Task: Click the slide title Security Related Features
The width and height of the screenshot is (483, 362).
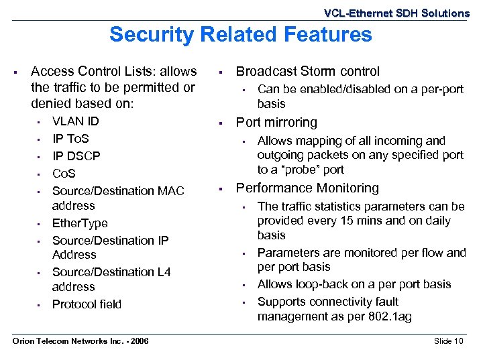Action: tap(240, 34)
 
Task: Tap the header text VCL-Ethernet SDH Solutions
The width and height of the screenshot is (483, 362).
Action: tap(396, 13)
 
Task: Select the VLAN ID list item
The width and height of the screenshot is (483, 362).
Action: tap(75, 121)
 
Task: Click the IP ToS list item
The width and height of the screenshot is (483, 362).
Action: tap(70, 139)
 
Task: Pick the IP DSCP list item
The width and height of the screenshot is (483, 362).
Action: tap(76, 156)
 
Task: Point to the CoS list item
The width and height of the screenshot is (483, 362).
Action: tap(64, 174)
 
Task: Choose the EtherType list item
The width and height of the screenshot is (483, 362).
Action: tap(80, 223)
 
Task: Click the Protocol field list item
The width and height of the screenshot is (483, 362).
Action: tap(87, 304)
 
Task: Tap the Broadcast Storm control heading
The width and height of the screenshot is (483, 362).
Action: tap(307, 71)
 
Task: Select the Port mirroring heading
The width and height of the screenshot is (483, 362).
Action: tap(276, 123)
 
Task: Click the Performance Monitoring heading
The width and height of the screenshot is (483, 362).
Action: tap(307, 188)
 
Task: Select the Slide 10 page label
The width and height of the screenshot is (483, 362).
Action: tap(448, 341)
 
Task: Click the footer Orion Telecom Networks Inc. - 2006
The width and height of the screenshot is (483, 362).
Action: tap(81, 341)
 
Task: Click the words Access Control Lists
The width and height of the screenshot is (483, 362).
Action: tap(94, 71)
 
